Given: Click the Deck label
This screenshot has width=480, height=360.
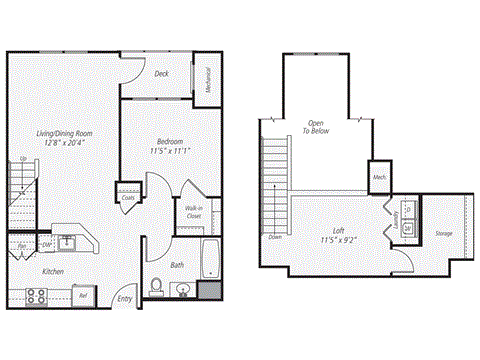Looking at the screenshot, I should pyautogui.click(x=162, y=73).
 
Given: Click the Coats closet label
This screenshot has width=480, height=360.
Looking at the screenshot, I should pyautogui.click(x=128, y=197).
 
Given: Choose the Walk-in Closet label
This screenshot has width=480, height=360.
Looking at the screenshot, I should pyautogui.click(x=194, y=211).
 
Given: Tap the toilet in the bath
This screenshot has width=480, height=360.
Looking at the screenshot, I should pyautogui.click(x=155, y=287).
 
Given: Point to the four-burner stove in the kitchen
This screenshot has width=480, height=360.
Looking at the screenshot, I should pyautogui.click(x=37, y=295).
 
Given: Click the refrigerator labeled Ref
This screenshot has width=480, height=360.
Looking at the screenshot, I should pyautogui.click(x=84, y=296).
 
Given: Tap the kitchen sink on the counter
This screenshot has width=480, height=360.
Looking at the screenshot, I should pyautogui.click(x=67, y=241).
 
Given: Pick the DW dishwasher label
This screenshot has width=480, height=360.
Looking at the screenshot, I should pyautogui.click(x=47, y=243).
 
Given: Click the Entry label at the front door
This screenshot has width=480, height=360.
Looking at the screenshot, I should pyautogui.click(x=124, y=298).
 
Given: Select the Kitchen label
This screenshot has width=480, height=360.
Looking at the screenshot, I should pyautogui.click(x=53, y=271).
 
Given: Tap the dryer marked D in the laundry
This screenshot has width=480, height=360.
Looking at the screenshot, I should pyautogui.click(x=408, y=211).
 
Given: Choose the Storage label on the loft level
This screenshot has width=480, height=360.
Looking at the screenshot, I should pyautogui.click(x=445, y=234).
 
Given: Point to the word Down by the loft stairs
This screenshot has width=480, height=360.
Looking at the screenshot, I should pyautogui.click(x=275, y=237).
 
